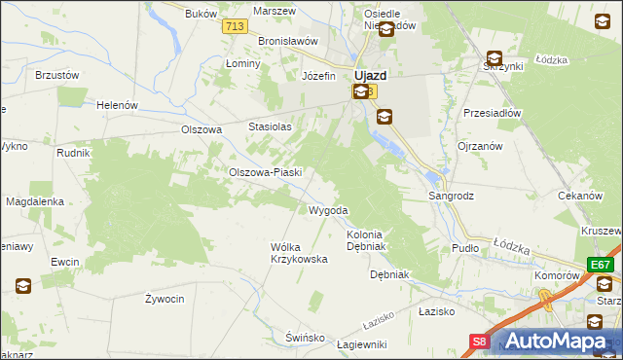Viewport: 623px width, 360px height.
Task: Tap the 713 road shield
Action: coord(233,26)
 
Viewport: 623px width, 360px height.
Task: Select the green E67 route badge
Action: coord(600,265)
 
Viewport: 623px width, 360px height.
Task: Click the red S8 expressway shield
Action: coord(480,341)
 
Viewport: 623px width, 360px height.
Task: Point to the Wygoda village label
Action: coord(328,210)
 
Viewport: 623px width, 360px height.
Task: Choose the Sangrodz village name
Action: coord(452,196)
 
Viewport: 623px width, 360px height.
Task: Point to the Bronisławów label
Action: coord(289,41)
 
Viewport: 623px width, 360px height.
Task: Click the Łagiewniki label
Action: coord(361,344)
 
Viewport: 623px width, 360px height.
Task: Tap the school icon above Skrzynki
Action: coord(495,58)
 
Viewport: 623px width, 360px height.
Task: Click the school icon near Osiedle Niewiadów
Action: coord(385,30)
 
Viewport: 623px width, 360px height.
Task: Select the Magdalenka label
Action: coord(35,201)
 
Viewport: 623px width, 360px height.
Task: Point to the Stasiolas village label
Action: coord(271,126)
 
